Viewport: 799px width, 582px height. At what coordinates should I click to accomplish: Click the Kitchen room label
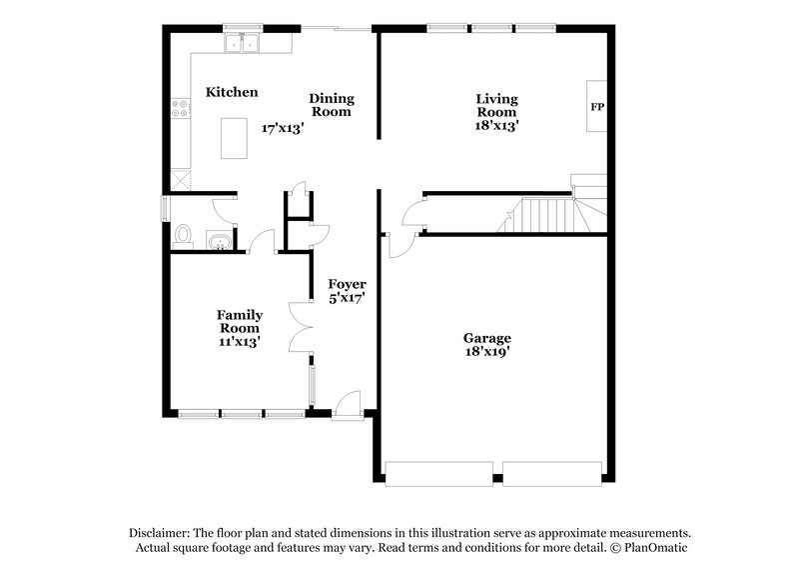point(232,92)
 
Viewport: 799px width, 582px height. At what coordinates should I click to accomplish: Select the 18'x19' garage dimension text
point(487,352)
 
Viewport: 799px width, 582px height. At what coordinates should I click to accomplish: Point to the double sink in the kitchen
point(242,43)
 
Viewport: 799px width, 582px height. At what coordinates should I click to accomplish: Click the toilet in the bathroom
point(182,235)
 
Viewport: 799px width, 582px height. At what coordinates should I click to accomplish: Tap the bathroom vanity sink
point(219,240)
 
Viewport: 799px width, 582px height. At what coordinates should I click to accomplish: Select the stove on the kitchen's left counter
point(180,108)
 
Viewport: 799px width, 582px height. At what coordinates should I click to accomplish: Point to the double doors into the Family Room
point(301,325)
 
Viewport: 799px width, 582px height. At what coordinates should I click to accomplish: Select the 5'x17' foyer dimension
point(348,297)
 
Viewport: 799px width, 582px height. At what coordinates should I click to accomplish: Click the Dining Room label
point(332,105)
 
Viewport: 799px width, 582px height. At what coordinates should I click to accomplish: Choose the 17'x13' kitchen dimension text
point(282,128)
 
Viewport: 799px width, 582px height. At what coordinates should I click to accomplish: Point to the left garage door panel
point(438,472)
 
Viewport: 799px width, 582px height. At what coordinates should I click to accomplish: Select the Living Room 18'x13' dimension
point(496,127)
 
